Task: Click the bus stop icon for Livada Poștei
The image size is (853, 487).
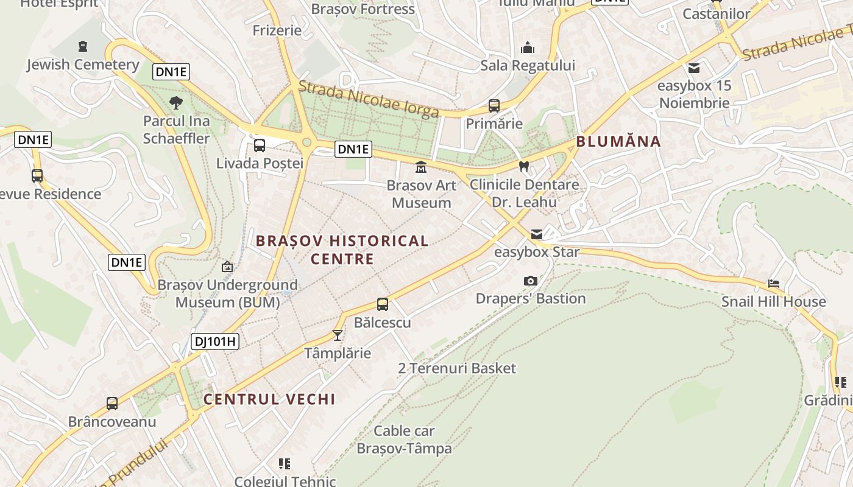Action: point(260,145)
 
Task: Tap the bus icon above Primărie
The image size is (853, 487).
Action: point(494,106)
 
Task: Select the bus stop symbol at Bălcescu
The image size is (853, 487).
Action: point(383,304)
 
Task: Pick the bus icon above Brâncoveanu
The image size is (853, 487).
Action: point(112,404)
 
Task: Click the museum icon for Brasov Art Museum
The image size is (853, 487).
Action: point(421,167)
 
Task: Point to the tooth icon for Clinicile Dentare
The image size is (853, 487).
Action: point(523,166)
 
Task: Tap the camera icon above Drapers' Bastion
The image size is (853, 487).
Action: point(531,281)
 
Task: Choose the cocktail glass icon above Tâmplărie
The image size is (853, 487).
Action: point(338,335)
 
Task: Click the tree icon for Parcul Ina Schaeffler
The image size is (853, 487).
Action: point(176,102)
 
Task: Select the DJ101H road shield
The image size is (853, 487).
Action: point(215,342)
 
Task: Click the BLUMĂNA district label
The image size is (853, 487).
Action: point(618,142)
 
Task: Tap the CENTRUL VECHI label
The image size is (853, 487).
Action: point(269,399)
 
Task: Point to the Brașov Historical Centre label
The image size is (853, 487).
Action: point(342,250)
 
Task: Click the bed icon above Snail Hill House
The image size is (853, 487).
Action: point(773,284)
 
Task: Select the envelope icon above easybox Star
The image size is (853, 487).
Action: point(537,234)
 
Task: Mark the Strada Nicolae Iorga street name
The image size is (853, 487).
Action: point(369,99)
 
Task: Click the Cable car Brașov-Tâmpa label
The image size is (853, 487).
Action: point(404,440)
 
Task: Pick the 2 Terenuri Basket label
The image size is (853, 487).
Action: point(457,368)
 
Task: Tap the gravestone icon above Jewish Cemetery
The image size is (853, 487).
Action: point(83,46)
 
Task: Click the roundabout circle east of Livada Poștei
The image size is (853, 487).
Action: point(306,142)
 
